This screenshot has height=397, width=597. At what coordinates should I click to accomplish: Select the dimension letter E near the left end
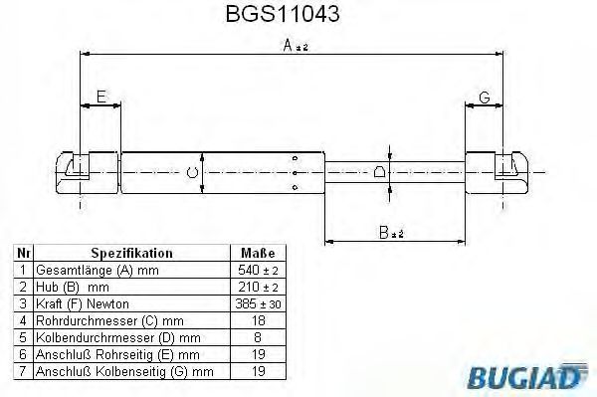pos(100,97)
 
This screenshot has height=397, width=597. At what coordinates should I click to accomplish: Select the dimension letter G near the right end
pos(484,97)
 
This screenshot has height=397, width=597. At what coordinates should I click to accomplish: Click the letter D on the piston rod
pos(379,172)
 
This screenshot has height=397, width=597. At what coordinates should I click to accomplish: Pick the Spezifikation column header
pos(131,253)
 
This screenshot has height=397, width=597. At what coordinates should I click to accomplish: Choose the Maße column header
pos(258,253)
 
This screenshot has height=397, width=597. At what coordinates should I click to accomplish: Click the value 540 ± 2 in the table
pos(258,270)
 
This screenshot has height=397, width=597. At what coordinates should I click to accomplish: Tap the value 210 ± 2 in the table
pos(258,287)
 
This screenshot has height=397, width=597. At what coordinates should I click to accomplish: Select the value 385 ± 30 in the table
pos(258,303)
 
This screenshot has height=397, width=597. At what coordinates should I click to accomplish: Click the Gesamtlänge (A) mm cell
pos(86,270)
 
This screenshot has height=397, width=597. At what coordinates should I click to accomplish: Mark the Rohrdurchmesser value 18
pos(258,320)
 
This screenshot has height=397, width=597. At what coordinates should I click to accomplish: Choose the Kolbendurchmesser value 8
pos(258,337)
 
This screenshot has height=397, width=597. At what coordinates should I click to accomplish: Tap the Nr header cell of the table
pos(23,253)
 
